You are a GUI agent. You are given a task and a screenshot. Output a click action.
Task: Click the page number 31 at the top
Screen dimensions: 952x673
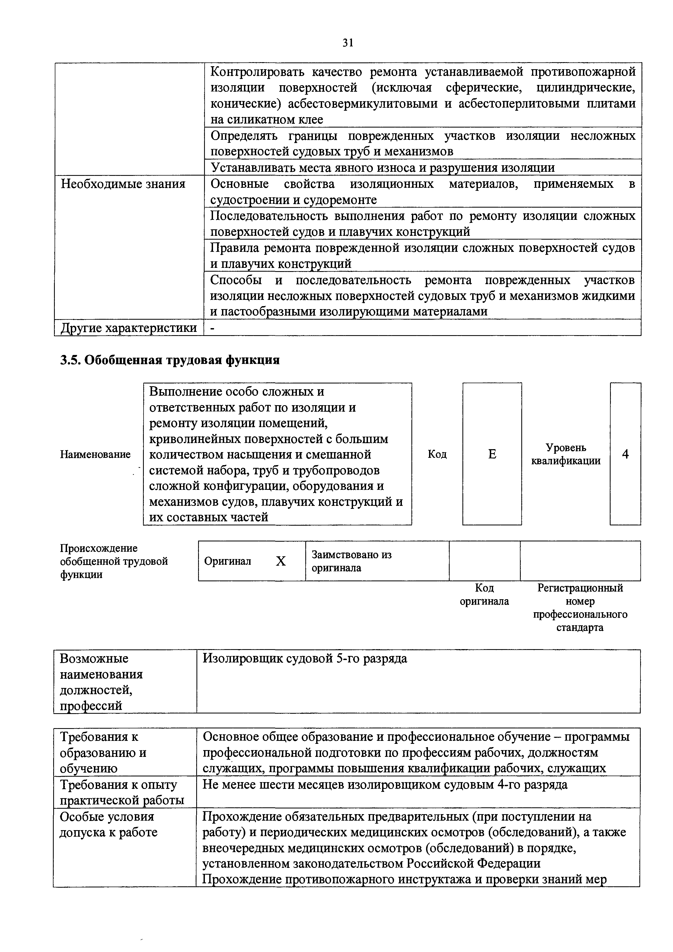(x=347, y=43)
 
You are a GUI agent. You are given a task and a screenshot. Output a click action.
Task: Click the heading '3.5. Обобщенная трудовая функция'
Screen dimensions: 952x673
(x=170, y=360)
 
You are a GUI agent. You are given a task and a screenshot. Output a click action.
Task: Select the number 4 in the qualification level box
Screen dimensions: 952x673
(x=625, y=454)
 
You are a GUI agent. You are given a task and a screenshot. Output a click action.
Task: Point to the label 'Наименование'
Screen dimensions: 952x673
(x=95, y=455)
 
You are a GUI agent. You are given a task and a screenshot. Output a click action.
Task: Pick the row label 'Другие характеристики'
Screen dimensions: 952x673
(x=129, y=328)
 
